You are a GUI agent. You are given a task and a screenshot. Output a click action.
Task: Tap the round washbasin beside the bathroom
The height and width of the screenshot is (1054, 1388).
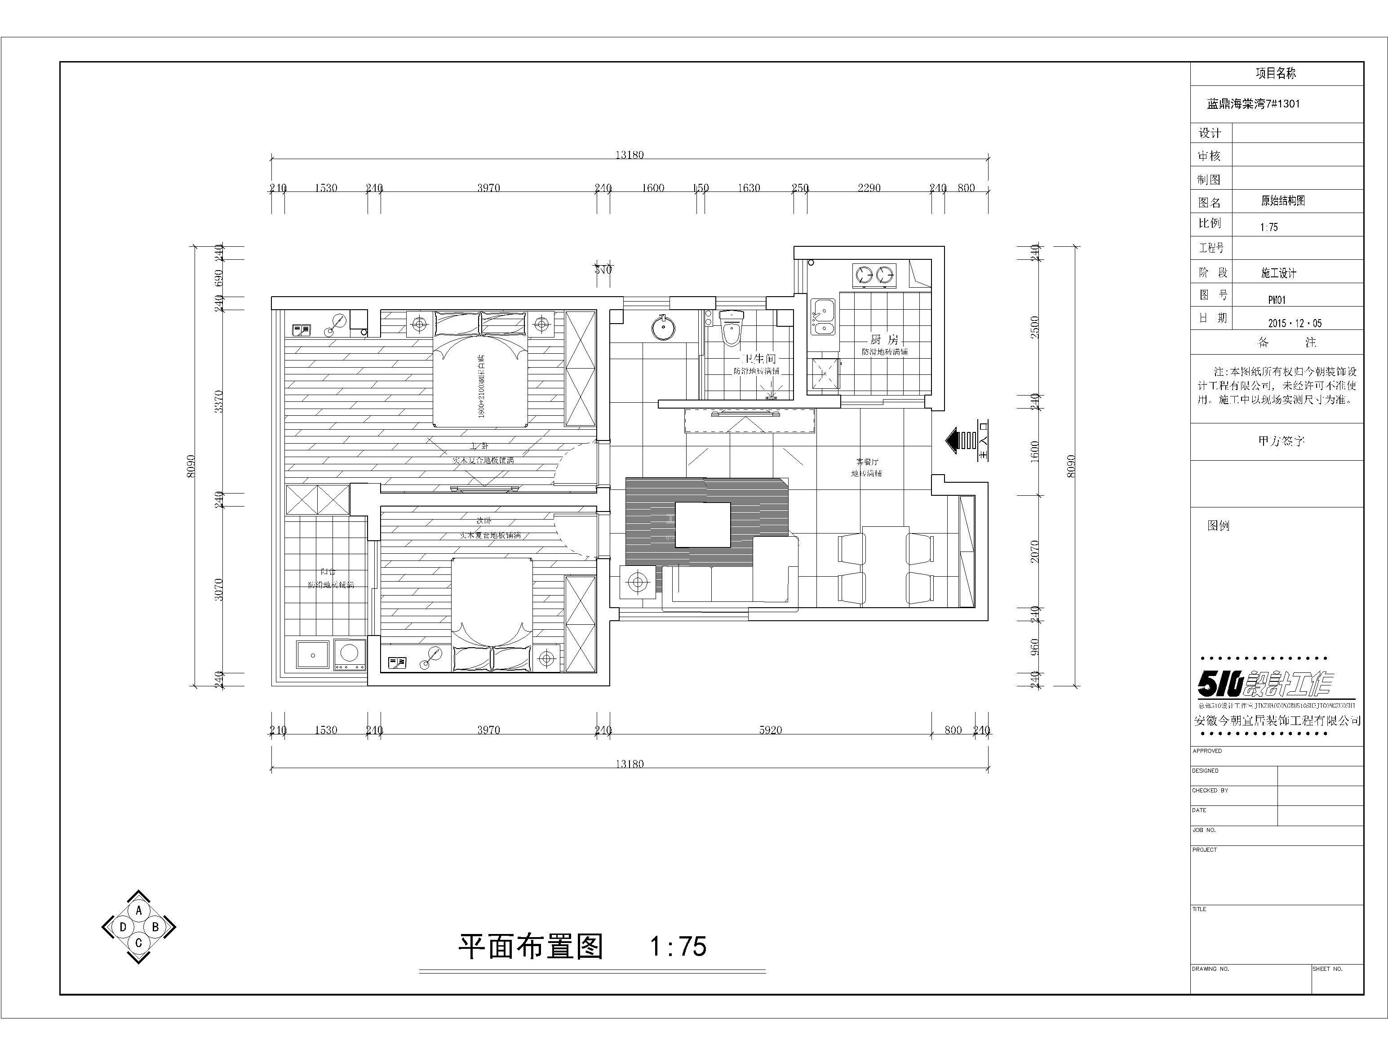(x=661, y=327)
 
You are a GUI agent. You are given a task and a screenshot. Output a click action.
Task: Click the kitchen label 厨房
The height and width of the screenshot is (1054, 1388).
(x=884, y=340)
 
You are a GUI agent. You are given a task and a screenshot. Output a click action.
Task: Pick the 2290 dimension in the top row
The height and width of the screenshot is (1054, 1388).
(x=869, y=188)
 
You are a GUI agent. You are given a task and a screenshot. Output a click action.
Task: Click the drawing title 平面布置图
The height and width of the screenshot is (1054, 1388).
(x=531, y=946)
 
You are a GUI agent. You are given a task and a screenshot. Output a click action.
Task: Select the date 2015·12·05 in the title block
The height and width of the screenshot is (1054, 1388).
(x=1295, y=323)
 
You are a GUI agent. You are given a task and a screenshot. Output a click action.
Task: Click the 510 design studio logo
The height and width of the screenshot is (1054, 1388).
(x=1266, y=684)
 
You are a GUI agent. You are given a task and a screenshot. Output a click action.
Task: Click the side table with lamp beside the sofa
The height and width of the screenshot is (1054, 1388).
(x=638, y=582)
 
